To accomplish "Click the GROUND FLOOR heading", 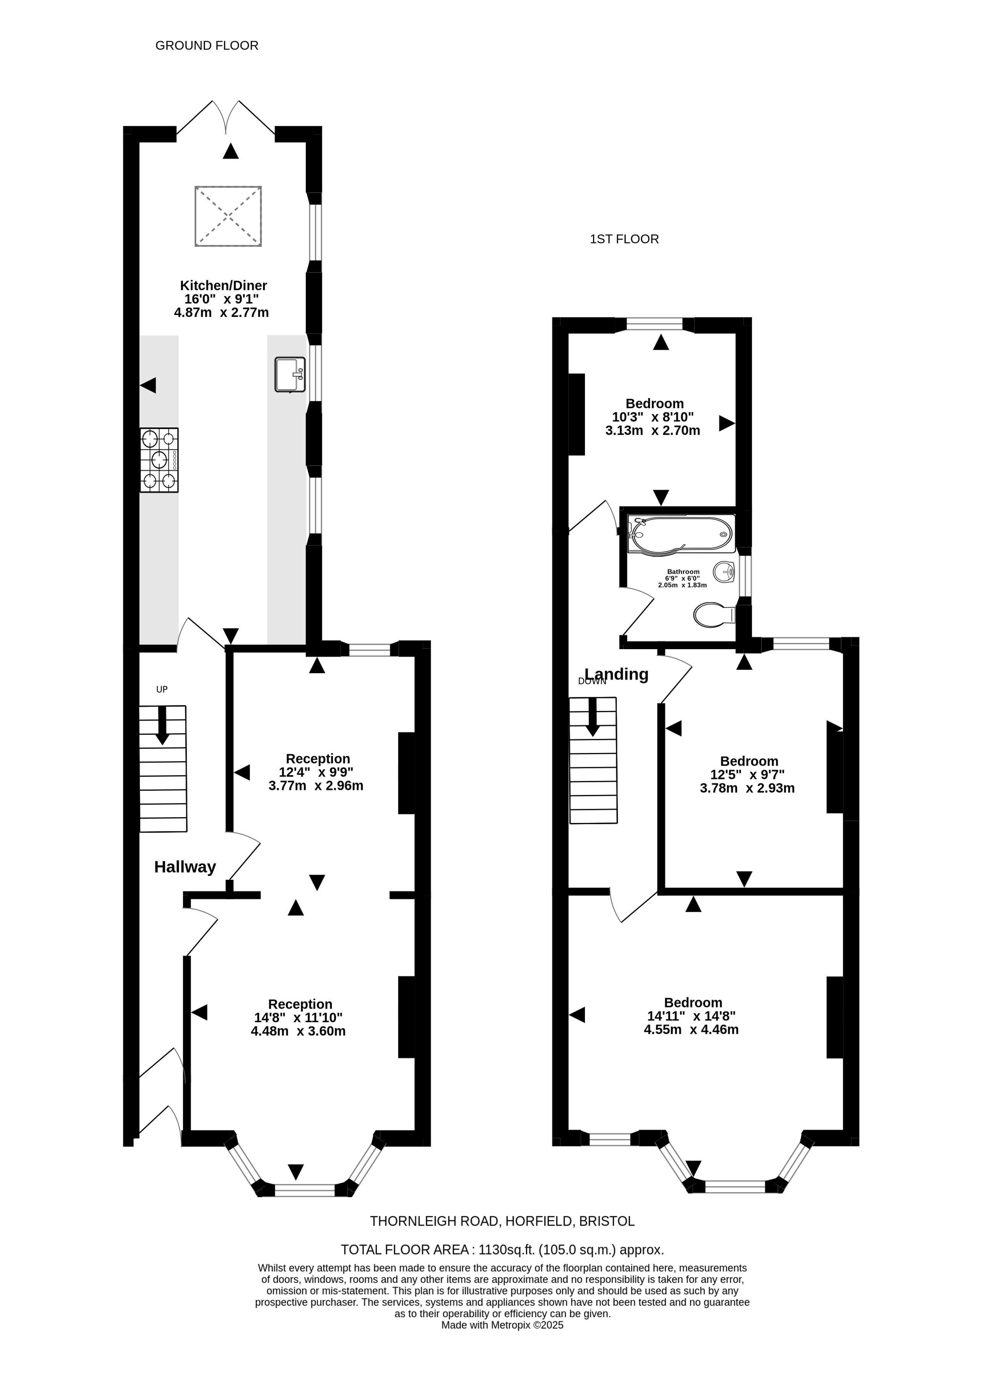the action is pyautogui.click(x=207, y=46).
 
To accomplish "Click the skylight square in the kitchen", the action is pyautogui.click(x=228, y=216).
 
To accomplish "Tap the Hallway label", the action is pyautogui.click(x=185, y=867).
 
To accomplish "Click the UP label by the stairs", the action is pyautogui.click(x=162, y=689).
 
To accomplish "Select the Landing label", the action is pyautogui.click(x=616, y=674).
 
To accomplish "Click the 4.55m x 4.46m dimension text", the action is pyautogui.click(x=691, y=1030).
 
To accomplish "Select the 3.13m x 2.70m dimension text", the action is pyautogui.click(x=653, y=430).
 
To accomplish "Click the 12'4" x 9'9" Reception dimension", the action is pyautogui.click(x=316, y=772).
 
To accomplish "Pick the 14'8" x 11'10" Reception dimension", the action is pyautogui.click(x=298, y=1017).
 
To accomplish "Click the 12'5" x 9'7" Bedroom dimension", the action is pyautogui.click(x=748, y=774).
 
